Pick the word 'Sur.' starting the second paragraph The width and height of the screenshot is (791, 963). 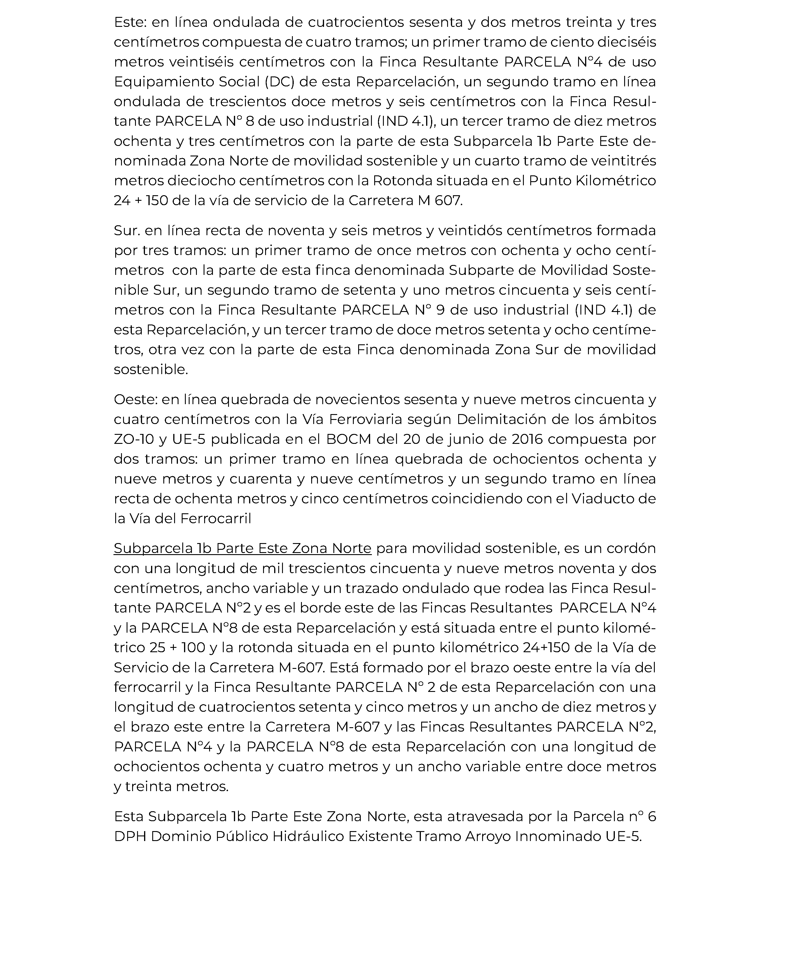(x=127, y=231)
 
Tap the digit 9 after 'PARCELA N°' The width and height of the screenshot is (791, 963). (x=440, y=310)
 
